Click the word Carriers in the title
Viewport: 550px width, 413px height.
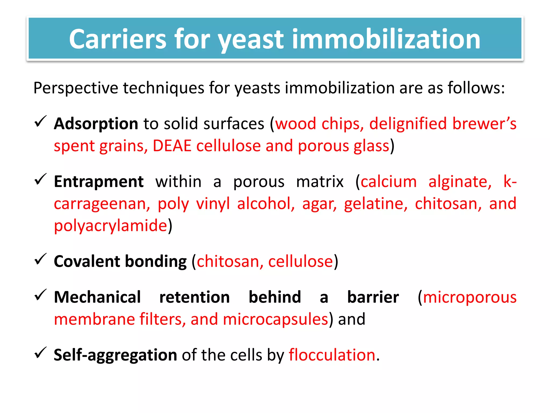[118, 39]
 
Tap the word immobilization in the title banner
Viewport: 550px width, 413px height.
[386, 39]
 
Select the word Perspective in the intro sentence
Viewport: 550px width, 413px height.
[76, 88]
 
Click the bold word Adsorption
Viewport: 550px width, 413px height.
[96, 124]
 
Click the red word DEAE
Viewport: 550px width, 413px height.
[172, 146]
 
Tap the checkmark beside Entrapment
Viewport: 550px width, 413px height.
[41, 179]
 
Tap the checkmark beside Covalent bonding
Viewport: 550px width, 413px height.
[41, 259]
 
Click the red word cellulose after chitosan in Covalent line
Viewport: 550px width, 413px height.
[301, 261]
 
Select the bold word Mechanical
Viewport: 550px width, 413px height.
[97, 297]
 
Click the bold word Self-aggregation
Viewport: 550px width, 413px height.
[115, 355]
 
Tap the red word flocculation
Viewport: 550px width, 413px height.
[332, 355]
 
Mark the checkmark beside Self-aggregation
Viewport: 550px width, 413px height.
[41, 353]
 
